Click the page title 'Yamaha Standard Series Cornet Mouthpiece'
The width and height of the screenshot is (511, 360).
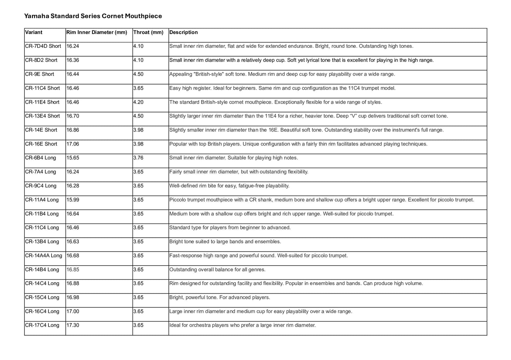pos(93,16)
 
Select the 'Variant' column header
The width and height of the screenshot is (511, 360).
pos(34,33)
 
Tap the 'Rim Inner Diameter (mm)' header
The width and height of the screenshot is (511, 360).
pos(97,33)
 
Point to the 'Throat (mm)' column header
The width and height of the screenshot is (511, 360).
pos(148,33)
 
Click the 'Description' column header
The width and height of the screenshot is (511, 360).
pos(184,33)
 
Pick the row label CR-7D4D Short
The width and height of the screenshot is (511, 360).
pos(43,46)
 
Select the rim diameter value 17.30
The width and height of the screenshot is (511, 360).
pos(73,325)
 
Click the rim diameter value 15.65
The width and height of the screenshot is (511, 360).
pos(73,158)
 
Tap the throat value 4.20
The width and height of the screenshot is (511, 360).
pos(138,102)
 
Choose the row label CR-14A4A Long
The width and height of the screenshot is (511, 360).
pos(43,256)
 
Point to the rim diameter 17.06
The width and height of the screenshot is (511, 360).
pos(73,144)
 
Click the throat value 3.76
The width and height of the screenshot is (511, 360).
pos(138,158)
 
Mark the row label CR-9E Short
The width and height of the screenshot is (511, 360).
pos(40,74)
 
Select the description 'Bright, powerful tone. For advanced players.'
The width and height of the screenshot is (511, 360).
pos(220,297)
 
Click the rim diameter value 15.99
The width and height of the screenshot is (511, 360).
pos(73,200)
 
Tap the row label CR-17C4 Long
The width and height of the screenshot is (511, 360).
pos(42,325)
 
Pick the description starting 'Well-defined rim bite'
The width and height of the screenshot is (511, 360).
pos(229,186)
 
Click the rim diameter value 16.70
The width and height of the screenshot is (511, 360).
pos(73,116)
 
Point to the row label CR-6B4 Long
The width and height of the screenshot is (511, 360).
pos(41,158)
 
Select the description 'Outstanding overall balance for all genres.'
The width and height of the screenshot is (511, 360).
pos(217,270)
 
